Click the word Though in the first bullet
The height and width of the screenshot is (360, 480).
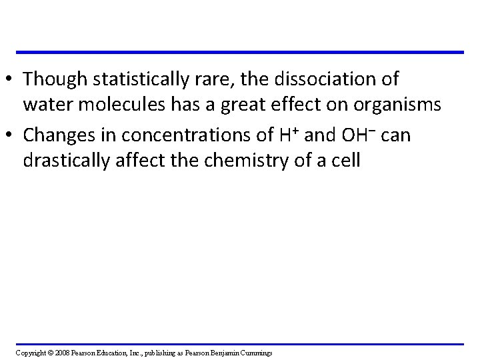(x=51, y=79)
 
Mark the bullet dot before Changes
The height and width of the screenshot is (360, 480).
(x=10, y=136)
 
